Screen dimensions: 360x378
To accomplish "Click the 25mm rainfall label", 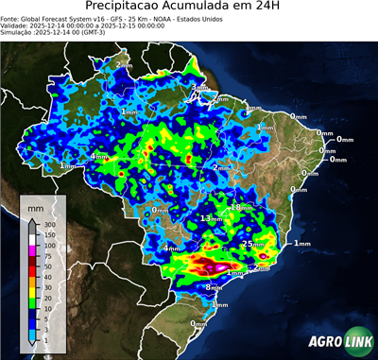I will (252, 244).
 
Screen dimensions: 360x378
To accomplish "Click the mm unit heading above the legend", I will (35, 206).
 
